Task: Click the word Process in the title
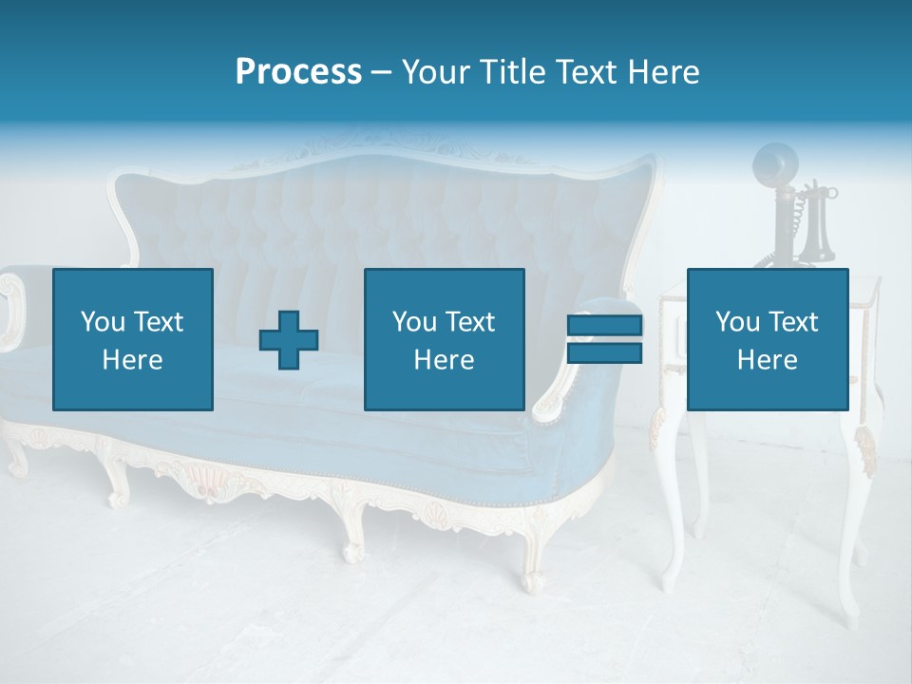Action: coord(298,72)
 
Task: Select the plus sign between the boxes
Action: coord(289,339)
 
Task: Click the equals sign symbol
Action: coord(604,339)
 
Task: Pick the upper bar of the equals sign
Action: coord(604,325)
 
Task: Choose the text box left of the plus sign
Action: coord(133,339)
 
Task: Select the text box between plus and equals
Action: coord(444,339)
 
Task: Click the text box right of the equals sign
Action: coord(767,339)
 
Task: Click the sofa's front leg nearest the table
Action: coord(533,560)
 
